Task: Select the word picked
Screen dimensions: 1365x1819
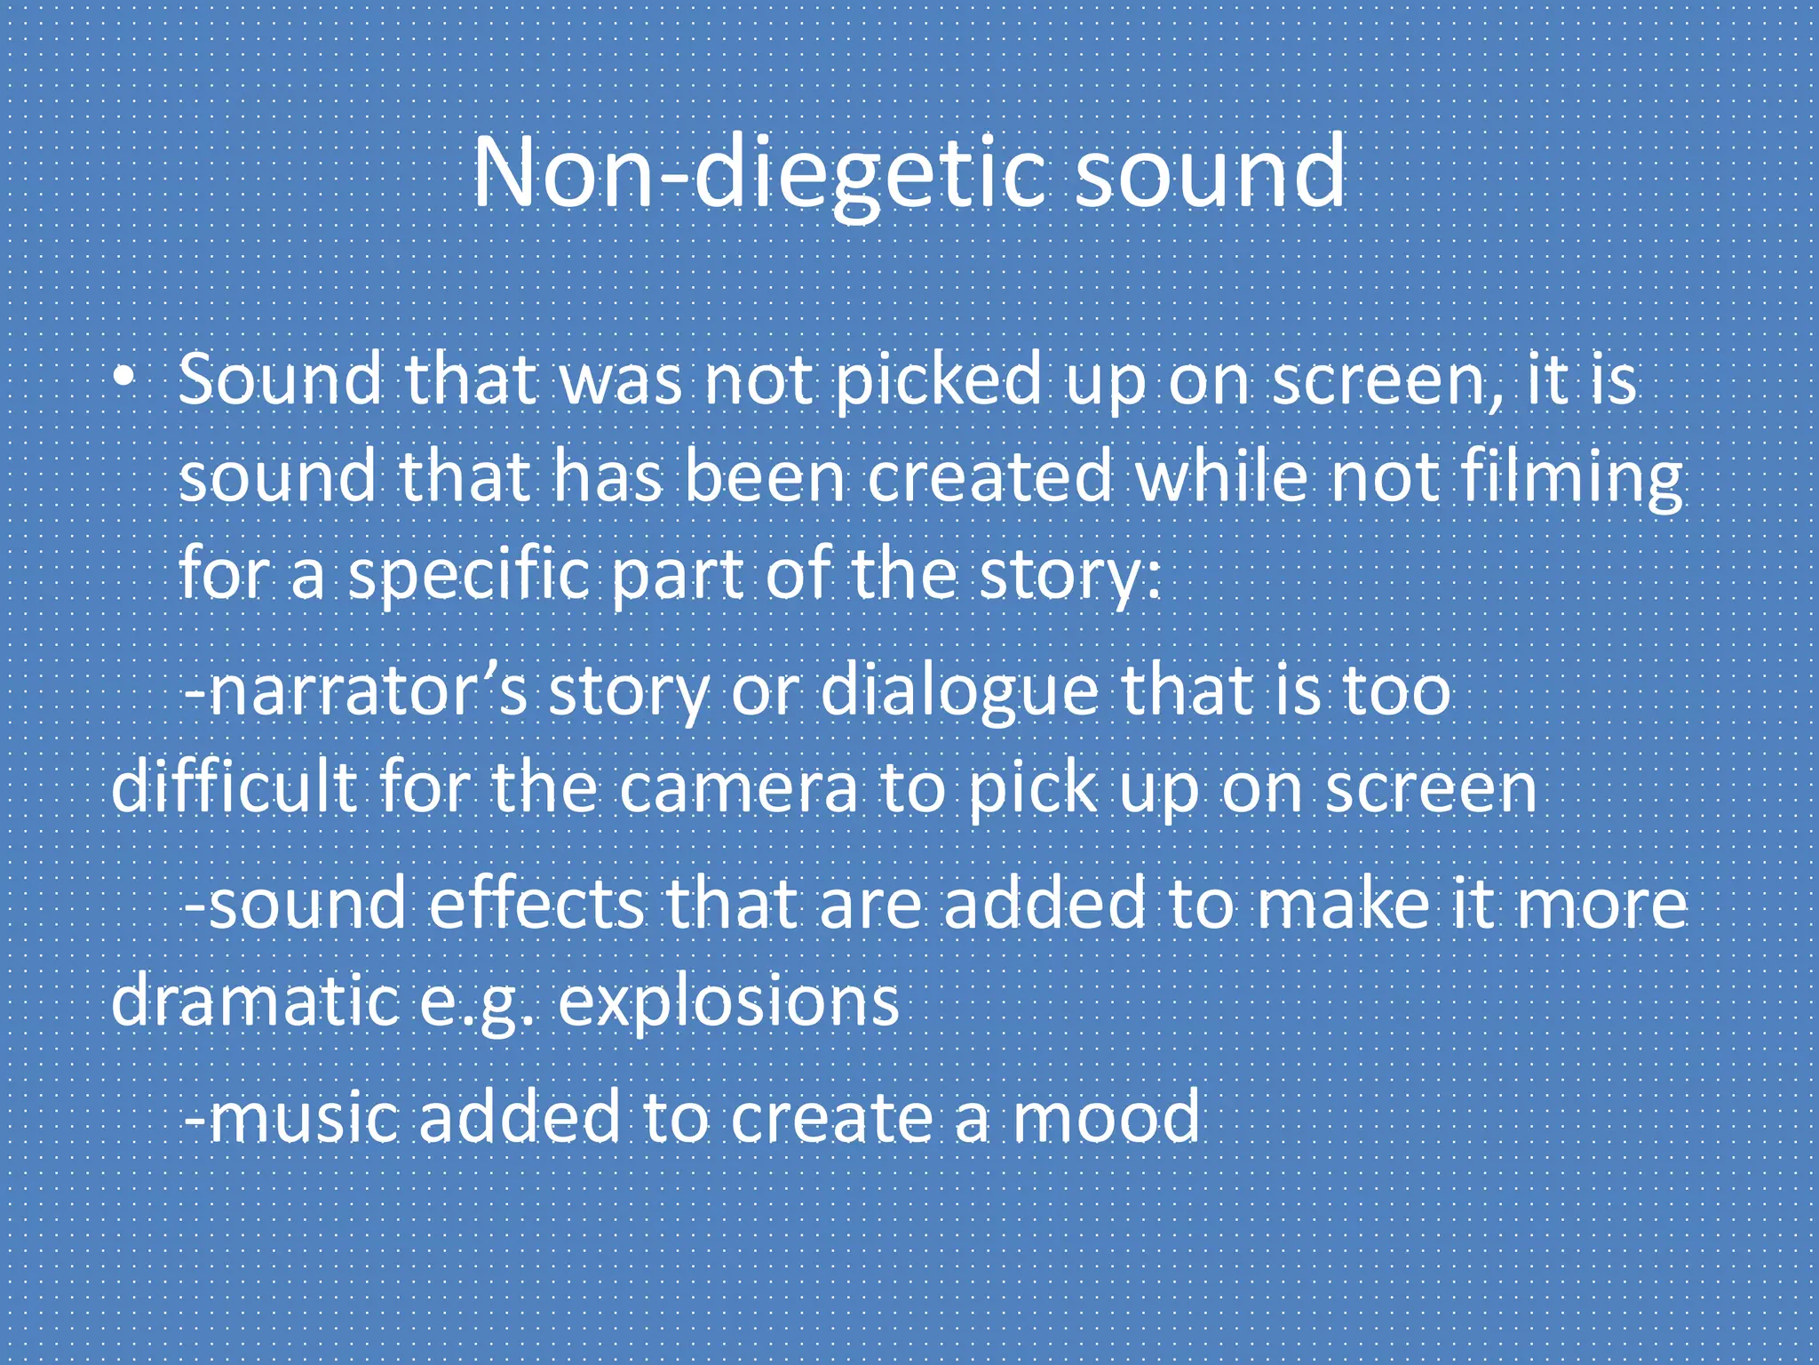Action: (938, 380)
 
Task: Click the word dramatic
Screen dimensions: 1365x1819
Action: (254, 1001)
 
